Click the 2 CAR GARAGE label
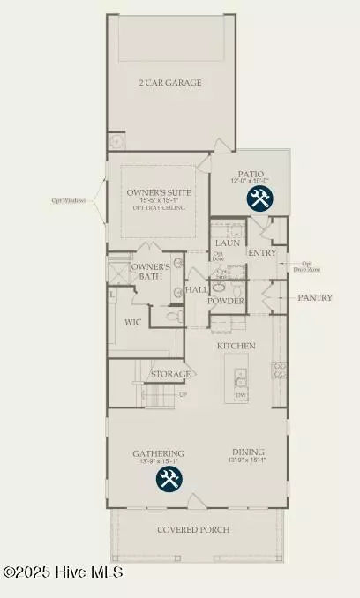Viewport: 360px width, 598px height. (x=171, y=83)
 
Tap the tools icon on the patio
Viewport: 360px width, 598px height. (x=259, y=199)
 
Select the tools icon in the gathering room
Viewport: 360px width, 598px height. (x=169, y=479)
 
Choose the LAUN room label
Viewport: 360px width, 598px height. (x=228, y=242)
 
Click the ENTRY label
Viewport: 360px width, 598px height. (x=262, y=252)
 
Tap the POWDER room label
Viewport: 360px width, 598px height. (x=226, y=301)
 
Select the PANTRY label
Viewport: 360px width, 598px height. (x=314, y=298)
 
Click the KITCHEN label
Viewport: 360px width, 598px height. (x=236, y=346)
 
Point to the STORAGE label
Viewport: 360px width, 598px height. (x=170, y=374)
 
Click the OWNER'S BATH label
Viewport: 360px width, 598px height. (x=150, y=272)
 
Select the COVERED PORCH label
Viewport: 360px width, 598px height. (x=194, y=529)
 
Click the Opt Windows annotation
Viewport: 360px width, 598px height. (x=68, y=200)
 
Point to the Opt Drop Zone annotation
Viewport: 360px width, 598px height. (x=306, y=266)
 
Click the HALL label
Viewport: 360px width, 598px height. (x=196, y=289)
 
